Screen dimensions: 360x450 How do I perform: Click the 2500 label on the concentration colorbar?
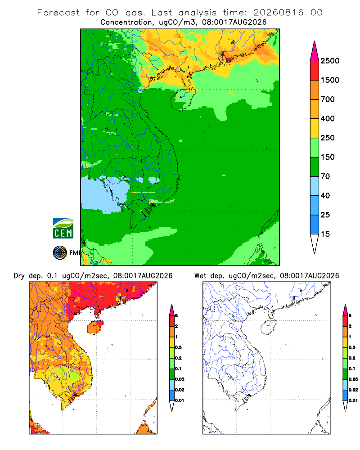(x=330, y=61)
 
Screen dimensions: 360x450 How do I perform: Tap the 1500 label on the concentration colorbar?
(x=330, y=80)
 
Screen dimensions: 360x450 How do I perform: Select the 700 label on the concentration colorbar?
(x=328, y=99)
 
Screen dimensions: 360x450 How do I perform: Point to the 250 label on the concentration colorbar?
(x=328, y=138)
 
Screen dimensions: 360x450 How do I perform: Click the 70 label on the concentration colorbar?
(x=325, y=176)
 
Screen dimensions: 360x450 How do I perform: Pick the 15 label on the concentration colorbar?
(x=325, y=234)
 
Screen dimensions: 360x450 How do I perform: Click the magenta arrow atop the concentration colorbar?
(x=315, y=51)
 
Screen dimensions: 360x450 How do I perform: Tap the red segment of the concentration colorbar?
(x=315, y=70)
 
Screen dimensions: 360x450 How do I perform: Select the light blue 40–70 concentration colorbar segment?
(x=315, y=186)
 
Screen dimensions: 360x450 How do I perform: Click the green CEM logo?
(x=63, y=229)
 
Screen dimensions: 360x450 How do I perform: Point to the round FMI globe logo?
(x=60, y=253)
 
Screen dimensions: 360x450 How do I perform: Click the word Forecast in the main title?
(x=58, y=13)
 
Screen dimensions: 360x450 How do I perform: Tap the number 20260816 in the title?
(x=278, y=13)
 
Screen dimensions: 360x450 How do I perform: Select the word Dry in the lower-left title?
(x=19, y=276)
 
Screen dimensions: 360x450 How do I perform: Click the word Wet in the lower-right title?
(x=200, y=276)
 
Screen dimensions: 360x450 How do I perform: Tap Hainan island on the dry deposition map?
(x=95, y=327)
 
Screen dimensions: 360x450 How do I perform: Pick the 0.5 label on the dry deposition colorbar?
(x=178, y=347)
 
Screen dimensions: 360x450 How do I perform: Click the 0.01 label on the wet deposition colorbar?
(x=353, y=400)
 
